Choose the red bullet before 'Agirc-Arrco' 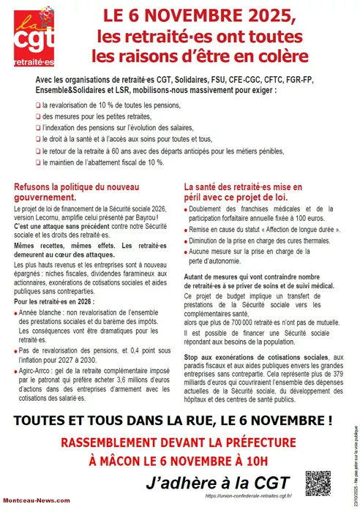pos(16,372)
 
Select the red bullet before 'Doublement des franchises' pos(188,208)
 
